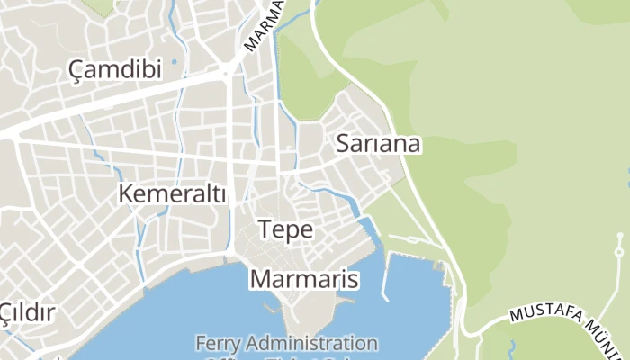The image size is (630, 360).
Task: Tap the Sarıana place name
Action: (x=379, y=143)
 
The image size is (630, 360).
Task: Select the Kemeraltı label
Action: (x=172, y=193)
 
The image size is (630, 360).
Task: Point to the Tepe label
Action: (x=285, y=229)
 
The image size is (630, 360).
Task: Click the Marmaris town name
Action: (x=304, y=279)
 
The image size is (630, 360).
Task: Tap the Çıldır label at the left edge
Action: (x=27, y=312)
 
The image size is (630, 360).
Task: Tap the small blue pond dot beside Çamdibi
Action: (x=173, y=63)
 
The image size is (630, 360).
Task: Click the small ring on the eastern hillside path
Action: (x=620, y=237)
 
